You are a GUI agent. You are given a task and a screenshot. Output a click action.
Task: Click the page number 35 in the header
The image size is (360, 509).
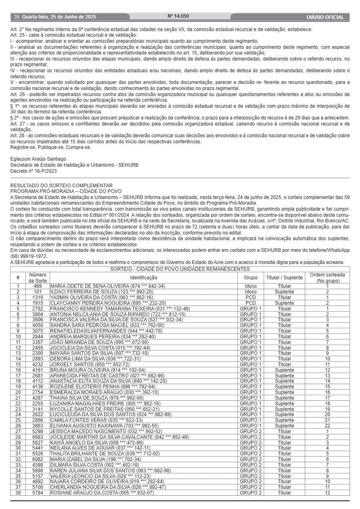17,17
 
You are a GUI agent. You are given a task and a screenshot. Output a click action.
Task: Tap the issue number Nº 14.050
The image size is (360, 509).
178,17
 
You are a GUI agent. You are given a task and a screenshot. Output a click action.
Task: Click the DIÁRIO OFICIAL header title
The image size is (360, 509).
325,17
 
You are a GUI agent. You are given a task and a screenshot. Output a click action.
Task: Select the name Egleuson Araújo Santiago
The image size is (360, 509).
38,159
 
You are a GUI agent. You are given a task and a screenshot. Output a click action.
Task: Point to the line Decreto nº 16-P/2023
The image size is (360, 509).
33,171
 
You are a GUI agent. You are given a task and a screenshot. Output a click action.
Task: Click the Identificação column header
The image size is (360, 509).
144,278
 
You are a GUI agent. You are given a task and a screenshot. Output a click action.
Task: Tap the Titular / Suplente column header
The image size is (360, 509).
284,278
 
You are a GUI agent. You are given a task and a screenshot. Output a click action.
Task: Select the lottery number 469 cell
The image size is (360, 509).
38,286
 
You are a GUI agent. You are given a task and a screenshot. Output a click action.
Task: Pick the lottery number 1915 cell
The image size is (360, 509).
38,303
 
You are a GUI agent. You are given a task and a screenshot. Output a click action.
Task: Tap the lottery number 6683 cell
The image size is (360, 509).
38,437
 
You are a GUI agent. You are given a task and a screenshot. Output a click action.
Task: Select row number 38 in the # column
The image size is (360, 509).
18,492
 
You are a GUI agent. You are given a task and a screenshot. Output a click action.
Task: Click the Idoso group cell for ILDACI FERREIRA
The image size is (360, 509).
251,291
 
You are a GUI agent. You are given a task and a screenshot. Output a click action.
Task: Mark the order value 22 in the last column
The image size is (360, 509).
327,425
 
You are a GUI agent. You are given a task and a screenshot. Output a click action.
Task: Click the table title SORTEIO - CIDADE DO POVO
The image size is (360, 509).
180,269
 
